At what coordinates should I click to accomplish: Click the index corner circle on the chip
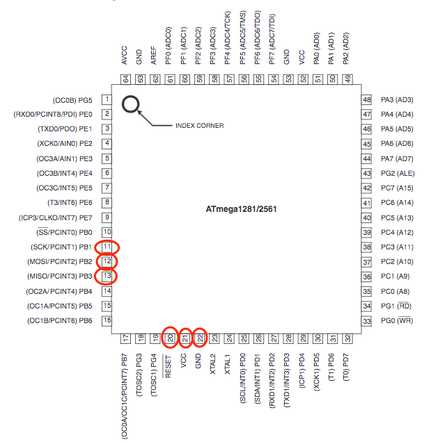click(131, 106)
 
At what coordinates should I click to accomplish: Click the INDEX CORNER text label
click(199, 126)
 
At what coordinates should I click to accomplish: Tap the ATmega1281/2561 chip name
click(242, 208)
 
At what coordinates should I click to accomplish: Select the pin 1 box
click(107, 99)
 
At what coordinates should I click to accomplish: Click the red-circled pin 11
click(107, 247)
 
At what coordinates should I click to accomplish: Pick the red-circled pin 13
click(107, 277)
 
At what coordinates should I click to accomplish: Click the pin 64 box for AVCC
click(126, 79)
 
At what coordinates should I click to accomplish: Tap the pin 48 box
click(367, 99)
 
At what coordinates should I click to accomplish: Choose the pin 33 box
click(367, 320)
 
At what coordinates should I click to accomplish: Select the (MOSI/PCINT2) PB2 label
click(61, 261)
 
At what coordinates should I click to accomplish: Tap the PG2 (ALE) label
click(398, 173)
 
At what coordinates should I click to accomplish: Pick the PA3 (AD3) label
click(398, 99)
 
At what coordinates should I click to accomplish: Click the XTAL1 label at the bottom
click(229, 362)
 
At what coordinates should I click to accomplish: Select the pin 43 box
click(367, 173)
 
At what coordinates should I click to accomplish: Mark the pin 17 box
click(126, 338)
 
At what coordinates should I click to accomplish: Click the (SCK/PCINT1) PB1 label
click(62, 247)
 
